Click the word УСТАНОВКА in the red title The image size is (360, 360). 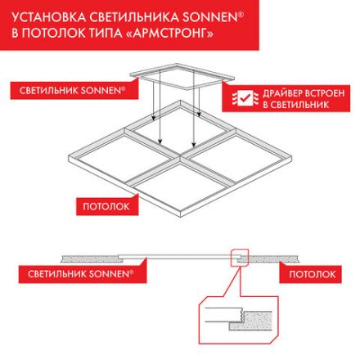point(50,16)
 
